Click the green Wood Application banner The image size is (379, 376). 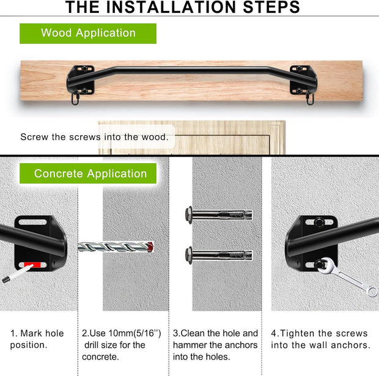[x=88, y=34]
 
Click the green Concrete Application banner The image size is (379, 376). [x=88, y=174]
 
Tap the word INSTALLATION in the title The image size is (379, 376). [x=171, y=7]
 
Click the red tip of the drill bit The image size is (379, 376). [x=150, y=247]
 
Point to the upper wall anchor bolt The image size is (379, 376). [x=219, y=215]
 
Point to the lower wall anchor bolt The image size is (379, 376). [x=219, y=255]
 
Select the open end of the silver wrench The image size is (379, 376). [x=372, y=291]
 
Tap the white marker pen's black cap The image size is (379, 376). [x=6, y=279]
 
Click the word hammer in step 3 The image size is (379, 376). [x=189, y=345]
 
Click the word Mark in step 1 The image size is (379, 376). [x=30, y=333]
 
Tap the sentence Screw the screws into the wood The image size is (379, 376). [x=94, y=137]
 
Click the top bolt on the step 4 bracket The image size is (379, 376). [x=319, y=222]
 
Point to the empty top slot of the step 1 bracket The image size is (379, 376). [x=32, y=222]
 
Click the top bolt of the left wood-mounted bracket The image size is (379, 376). [x=84, y=68]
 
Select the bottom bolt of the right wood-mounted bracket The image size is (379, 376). [x=299, y=91]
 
